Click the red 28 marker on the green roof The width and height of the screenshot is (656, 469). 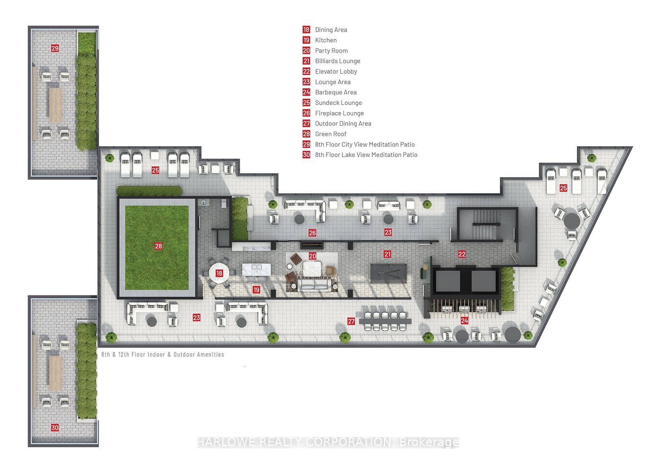158,246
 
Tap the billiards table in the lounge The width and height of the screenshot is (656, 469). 389,274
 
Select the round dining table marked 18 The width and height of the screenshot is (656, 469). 219,273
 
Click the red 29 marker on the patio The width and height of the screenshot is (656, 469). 55,48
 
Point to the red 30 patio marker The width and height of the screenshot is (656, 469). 55,428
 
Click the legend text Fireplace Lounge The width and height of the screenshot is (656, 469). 339,113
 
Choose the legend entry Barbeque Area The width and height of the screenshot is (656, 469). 336,92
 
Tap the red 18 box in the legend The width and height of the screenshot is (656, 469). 306,30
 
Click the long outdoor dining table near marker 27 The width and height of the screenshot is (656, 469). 385,321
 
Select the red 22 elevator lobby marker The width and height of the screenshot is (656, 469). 462,254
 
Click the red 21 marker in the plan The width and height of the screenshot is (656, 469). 387,254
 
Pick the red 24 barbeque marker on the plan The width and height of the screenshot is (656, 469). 465,320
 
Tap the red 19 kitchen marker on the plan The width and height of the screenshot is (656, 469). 256,290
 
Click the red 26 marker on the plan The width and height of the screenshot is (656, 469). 312,233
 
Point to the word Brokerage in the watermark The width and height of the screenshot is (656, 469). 429,442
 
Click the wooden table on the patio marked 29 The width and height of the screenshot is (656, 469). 55,105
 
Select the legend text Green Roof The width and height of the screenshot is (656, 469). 330,134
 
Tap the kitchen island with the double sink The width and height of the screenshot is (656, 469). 257,270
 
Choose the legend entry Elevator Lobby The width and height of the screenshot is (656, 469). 336,71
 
